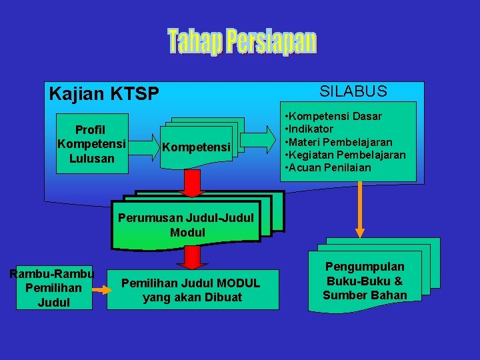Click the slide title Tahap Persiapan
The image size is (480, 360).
pos(242,41)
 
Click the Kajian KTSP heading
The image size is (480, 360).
pos(104,94)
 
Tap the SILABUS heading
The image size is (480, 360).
pos(353,91)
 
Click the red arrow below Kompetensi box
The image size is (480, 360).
pos(191,183)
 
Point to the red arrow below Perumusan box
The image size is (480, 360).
pos(192,257)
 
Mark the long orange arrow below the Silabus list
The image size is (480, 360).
pos(360,209)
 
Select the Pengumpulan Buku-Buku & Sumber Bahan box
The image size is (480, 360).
pos(365,281)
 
